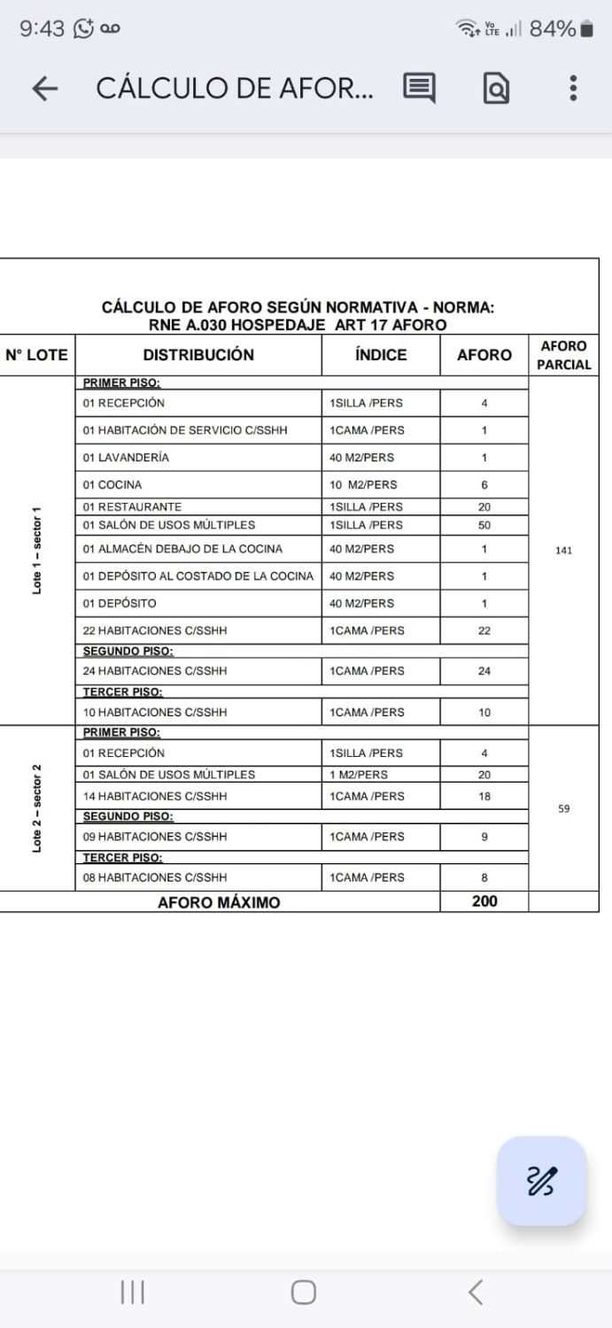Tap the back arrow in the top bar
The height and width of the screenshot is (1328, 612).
coord(44,88)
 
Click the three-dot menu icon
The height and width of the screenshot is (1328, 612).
coord(574,88)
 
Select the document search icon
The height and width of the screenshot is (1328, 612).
coord(495,88)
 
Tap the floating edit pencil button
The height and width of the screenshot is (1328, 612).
coord(542,1181)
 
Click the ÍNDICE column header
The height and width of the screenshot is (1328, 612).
coord(381,355)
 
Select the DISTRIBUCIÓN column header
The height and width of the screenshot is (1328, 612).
coord(198,355)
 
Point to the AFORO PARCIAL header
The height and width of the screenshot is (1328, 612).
coord(563,355)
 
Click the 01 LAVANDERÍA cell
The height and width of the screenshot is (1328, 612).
coord(126,458)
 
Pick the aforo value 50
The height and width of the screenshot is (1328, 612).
coord(484,525)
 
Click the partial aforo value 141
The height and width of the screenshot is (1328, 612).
coord(564,550)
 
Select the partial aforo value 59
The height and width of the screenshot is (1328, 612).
coord(564,808)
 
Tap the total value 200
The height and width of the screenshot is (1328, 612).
coord(484,901)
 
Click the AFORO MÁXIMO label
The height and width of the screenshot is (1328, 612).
coord(219,903)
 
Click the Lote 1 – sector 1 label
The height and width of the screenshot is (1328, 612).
coord(37,551)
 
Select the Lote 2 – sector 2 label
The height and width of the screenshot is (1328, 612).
coord(37,807)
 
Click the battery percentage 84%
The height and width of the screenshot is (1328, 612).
coord(553,29)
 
